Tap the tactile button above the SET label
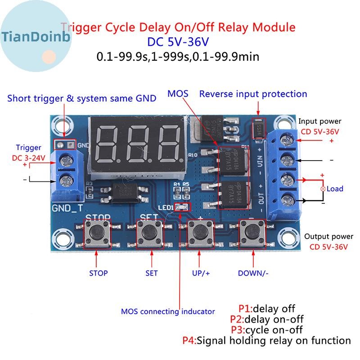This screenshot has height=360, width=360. pos(148,232)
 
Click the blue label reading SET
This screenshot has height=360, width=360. pos(152,273)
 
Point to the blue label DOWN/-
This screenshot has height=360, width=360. pos(253,273)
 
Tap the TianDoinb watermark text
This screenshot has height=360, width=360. pos(36,36)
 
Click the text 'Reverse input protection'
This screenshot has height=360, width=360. pos(253,94)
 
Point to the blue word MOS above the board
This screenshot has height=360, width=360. pos(178,94)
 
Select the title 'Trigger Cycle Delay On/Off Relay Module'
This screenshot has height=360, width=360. pos(178,27)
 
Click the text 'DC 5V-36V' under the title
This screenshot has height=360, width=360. pos(178,42)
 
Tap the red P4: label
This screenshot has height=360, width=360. pos(189,341)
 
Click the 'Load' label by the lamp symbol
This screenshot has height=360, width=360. pos(335,189)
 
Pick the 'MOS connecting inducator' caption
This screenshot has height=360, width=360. pos(168,311)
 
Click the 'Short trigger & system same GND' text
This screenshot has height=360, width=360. pos(82,98)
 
